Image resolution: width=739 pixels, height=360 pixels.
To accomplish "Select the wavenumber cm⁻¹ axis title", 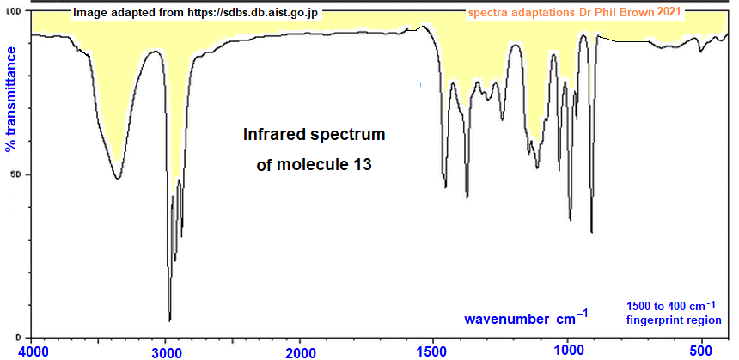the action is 526,319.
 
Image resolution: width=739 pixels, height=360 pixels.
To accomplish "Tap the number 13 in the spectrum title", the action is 363,165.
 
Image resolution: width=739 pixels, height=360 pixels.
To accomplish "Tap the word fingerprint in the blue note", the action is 654,320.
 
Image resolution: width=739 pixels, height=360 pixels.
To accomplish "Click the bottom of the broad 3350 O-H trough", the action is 118,179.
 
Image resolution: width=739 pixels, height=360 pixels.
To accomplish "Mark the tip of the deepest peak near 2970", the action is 169,320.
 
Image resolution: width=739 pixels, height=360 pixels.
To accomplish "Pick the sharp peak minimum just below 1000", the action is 571,220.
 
